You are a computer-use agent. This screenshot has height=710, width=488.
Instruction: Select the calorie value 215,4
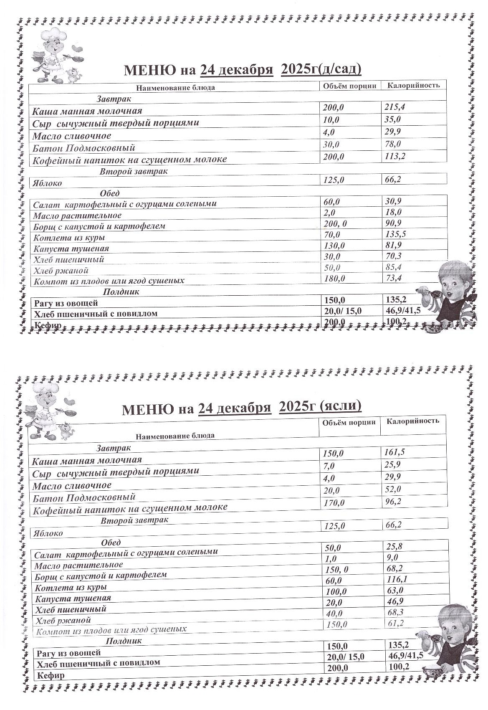point(394,107)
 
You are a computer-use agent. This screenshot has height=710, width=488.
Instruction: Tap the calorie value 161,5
point(394,452)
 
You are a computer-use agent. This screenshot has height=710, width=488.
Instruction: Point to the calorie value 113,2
point(394,157)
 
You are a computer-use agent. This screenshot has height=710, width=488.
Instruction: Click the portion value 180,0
point(334,279)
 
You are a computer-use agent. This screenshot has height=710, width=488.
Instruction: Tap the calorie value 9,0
point(392,558)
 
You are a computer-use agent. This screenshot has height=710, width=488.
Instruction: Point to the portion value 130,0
point(334,246)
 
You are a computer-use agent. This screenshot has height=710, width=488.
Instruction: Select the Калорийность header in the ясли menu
point(412,421)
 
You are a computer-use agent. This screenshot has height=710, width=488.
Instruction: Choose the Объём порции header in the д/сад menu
point(350,86)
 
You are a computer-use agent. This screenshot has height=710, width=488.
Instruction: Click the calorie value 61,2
point(394,623)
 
